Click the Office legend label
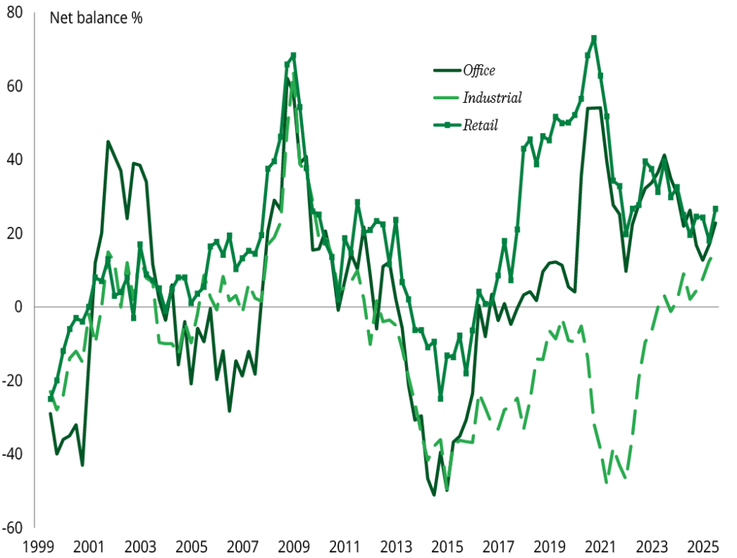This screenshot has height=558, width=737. [x=479, y=71]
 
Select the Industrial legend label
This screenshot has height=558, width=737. [x=492, y=97]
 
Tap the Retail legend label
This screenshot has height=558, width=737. [x=481, y=125]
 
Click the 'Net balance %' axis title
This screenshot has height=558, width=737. [x=96, y=18]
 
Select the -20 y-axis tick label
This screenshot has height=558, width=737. [x=14, y=380]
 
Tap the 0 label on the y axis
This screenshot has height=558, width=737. [x=19, y=307]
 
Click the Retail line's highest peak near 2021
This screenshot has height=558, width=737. [x=594, y=38]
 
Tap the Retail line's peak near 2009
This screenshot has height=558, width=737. [x=293, y=55]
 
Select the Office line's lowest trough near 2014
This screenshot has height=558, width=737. [x=434, y=495]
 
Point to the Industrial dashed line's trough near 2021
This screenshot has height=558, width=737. [x=607, y=482]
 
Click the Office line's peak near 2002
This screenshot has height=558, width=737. [x=108, y=142]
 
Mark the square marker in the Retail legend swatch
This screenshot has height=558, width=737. [x=446, y=125]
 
